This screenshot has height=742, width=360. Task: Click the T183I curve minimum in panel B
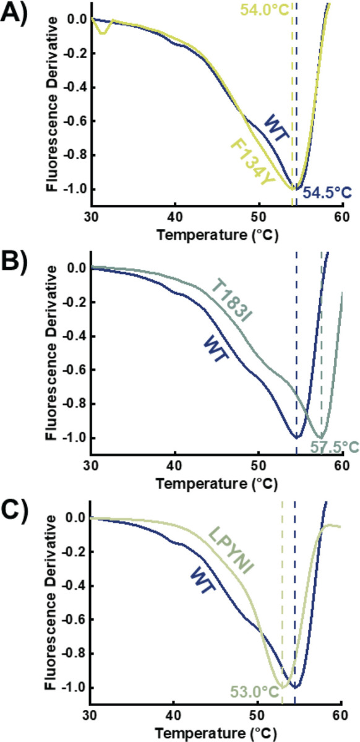tap(320, 437)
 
